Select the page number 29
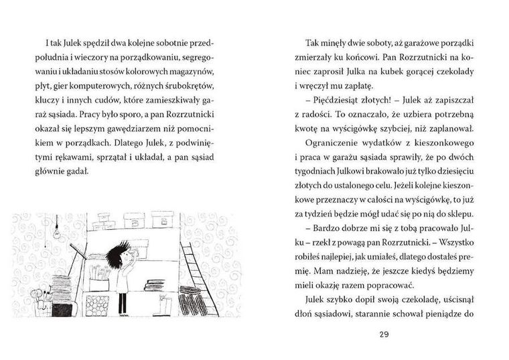pyautogui.click(x=384, y=333)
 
